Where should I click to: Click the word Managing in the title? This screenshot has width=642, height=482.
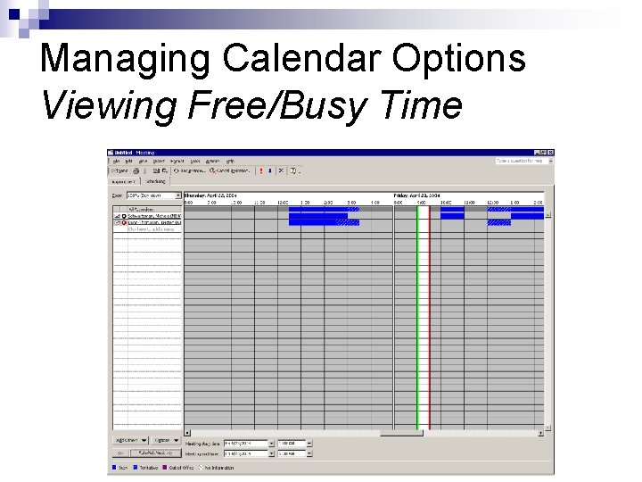(x=126, y=59)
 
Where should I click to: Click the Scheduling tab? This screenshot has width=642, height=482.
(x=156, y=180)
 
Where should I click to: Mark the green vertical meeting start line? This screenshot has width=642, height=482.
(x=417, y=321)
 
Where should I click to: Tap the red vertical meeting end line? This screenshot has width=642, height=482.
(x=429, y=321)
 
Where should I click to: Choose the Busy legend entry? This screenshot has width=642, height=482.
(x=120, y=467)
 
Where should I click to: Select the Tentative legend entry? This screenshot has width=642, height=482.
(x=146, y=467)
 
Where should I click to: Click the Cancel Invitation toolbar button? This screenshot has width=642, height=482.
(x=226, y=170)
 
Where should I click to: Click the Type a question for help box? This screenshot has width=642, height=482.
(x=521, y=161)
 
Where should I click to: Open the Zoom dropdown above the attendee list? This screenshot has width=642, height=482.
(x=152, y=195)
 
